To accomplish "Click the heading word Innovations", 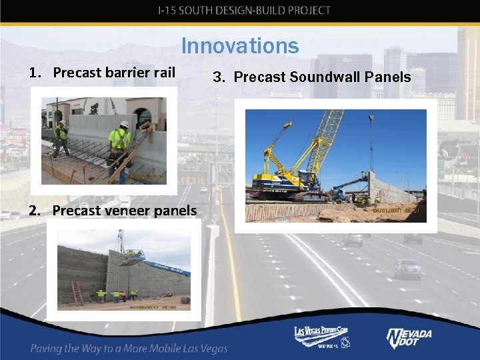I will tap(240, 46).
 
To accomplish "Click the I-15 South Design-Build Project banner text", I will tap(244, 10).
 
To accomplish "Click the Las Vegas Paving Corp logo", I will tap(321, 337).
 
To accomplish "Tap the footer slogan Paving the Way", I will tap(129, 348).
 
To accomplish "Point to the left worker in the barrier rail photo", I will tap(61, 139).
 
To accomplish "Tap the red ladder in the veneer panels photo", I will tap(78, 293).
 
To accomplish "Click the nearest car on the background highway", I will tap(407, 269).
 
